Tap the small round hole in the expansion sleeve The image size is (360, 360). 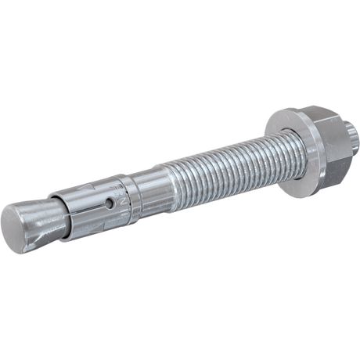click(x=110, y=203)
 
